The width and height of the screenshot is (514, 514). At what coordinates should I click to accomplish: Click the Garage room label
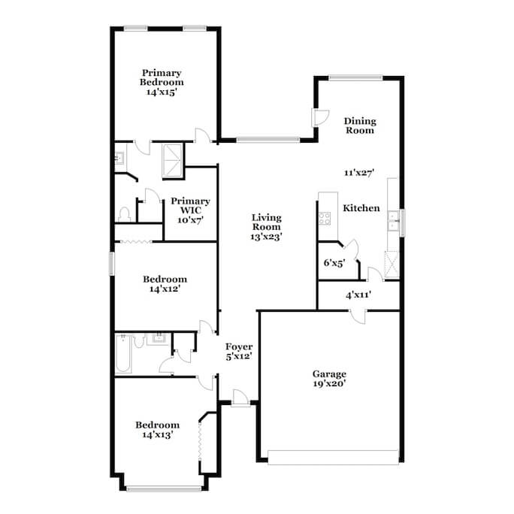(329, 379)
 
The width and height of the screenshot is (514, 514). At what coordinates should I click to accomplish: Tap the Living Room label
(266, 227)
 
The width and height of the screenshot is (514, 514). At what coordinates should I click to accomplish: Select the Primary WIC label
(190, 210)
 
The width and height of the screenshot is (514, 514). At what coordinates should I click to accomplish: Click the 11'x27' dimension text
(359, 172)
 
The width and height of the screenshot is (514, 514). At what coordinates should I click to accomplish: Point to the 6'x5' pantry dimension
(334, 263)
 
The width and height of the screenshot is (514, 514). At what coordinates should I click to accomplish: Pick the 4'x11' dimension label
(358, 295)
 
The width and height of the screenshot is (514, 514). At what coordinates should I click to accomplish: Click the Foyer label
(239, 352)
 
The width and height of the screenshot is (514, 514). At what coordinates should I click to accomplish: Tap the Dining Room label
(360, 125)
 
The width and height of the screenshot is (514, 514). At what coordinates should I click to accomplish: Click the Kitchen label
(361, 208)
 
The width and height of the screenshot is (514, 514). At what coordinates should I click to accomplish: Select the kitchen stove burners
(325, 219)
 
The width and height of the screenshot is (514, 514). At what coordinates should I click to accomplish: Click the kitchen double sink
(392, 221)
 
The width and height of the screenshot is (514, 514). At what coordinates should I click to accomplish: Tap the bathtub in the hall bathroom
(123, 353)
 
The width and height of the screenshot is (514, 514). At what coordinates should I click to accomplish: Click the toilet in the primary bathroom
(124, 214)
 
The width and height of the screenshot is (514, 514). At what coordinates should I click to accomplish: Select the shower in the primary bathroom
(172, 161)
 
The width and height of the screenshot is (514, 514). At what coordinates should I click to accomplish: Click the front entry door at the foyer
(240, 398)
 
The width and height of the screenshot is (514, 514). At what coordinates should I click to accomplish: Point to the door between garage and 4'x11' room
(358, 316)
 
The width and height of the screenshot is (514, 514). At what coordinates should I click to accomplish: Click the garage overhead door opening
(333, 458)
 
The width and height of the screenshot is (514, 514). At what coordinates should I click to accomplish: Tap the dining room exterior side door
(319, 117)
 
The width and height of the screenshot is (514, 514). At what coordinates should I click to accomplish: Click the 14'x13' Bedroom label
(157, 429)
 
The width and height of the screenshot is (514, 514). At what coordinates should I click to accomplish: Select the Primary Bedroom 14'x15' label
(162, 82)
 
